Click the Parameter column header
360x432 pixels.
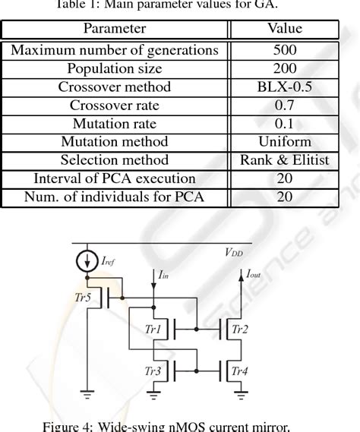[115, 29]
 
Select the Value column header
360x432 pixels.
[284, 29]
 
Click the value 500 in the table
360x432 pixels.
[284, 51]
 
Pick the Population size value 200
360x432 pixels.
[284, 69]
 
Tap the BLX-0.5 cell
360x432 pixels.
[284, 87]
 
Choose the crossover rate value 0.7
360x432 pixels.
[284, 106]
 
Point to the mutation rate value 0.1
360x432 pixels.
[284, 124]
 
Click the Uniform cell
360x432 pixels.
[284, 142]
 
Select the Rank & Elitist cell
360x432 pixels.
[284, 160]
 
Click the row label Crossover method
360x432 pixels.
[115, 87]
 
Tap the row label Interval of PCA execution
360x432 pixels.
[115, 179]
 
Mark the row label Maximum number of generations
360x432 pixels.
[115, 51]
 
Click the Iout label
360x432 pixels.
[253, 274]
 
